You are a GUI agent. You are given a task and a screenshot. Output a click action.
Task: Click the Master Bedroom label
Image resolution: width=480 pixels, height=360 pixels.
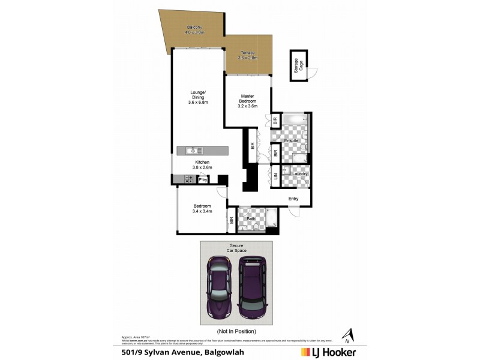[x=248, y=101]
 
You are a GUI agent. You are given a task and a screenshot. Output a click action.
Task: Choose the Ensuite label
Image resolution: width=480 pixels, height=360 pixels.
[x=292, y=140]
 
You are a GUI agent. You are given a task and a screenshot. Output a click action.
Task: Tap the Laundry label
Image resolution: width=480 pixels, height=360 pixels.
[x=300, y=174]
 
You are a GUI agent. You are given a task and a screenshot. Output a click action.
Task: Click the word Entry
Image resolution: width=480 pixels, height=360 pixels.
[x=293, y=199]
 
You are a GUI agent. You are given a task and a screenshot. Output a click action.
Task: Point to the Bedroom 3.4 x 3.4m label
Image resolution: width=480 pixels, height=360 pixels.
[x=202, y=208]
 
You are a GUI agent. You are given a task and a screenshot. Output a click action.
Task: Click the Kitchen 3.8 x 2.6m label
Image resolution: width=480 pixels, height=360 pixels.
[x=202, y=165]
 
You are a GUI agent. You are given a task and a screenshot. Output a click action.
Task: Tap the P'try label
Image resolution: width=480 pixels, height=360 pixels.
[x=203, y=179]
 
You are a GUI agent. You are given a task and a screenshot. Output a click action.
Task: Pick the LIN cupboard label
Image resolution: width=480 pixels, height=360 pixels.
[x=276, y=176]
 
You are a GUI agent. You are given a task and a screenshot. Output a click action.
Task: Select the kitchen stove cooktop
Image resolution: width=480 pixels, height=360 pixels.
[x=188, y=179]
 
